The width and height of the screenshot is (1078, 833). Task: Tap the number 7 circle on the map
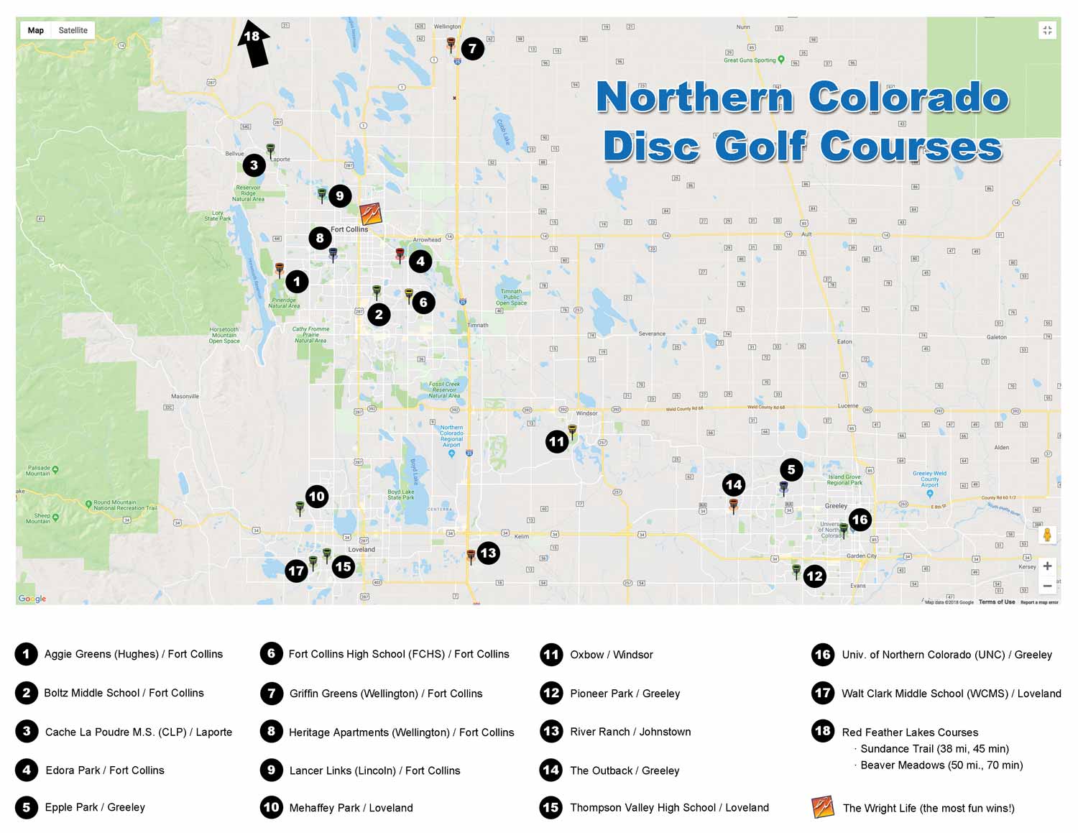pyautogui.click(x=472, y=49)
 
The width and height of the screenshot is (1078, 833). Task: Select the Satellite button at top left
pyautogui.click(x=73, y=30)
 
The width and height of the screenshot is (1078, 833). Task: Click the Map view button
pyautogui.click(x=36, y=30)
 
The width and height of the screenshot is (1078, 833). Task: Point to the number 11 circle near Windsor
pyautogui.click(x=557, y=441)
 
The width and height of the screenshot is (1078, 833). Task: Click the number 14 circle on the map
pyautogui.click(x=734, y=484)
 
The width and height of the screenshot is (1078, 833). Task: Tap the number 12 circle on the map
pyautogui.click(x=814, y=576)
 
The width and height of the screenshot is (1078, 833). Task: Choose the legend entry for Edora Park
pyautogui.click(x=104, y=770)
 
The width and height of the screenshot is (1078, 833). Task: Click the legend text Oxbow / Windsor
pyautogui.click(x=611, y=654)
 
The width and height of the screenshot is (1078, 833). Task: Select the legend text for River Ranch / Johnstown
pyautogui.click(x=630, y=732)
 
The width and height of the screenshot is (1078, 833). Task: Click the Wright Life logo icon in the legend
pyautogui.click(x=822, y=807)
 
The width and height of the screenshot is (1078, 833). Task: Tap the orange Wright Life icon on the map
pyautogui.click(x=370, y=213)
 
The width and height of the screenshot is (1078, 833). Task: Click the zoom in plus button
pyautogui.click(x=1047, y=566)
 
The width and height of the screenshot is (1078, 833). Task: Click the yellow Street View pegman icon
pyautogui.click(x=1047, y=535)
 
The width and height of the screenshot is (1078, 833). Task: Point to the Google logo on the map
pyautogui.click(x=32, y=598)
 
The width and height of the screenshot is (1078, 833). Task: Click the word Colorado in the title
pyautogui.click(x=908, y=98)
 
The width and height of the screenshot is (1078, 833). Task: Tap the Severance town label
pyautogui.click(x=652, y=333)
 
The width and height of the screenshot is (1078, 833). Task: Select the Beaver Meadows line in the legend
pyautogui.click(x=941, y=765)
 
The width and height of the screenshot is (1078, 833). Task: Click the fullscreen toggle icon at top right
pyautogui.click(x=1047, y=30)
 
